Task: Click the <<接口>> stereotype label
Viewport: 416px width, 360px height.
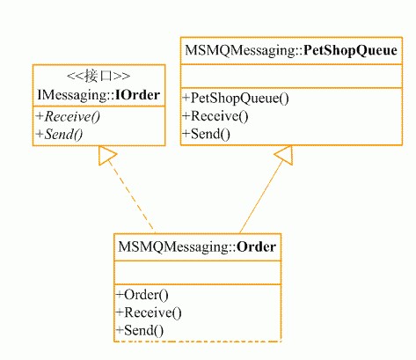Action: [x=99, y=77]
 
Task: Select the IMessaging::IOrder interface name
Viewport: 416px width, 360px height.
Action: [x=99, y=95]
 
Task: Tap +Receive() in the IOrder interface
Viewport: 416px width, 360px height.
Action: [x=68, y=117]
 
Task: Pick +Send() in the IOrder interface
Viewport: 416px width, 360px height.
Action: [x=59, y=135]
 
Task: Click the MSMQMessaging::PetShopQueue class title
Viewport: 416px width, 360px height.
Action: [x=291, y=51]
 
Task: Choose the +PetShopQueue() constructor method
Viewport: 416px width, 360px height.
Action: [x=236, y=99]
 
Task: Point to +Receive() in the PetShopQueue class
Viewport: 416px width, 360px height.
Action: [x=215, y=116]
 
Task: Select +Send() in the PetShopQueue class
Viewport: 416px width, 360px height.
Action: [x=206, y=134]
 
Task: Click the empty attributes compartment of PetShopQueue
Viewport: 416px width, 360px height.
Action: [x=291, y=76]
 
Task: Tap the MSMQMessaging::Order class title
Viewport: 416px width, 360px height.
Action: [x=197, y=247]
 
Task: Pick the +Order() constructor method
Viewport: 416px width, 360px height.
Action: [x=142, y=295]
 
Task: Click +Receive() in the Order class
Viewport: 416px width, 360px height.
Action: [x=149, y=312]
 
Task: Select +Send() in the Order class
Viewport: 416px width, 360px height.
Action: [x=140, y=331]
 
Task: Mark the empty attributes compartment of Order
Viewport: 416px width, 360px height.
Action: [x=197, y=273]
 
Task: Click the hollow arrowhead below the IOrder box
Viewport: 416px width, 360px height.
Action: [x=107, y=155]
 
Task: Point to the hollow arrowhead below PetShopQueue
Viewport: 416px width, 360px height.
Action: [x=283, y=155]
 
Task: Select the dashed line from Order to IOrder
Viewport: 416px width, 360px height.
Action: [x=131, y=196]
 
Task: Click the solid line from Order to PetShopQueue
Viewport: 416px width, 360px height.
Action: [x=261, y=196]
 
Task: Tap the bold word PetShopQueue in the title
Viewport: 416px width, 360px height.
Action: [x=350, y=51]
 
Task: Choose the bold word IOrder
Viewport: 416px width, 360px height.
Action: [x=138, y=95]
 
